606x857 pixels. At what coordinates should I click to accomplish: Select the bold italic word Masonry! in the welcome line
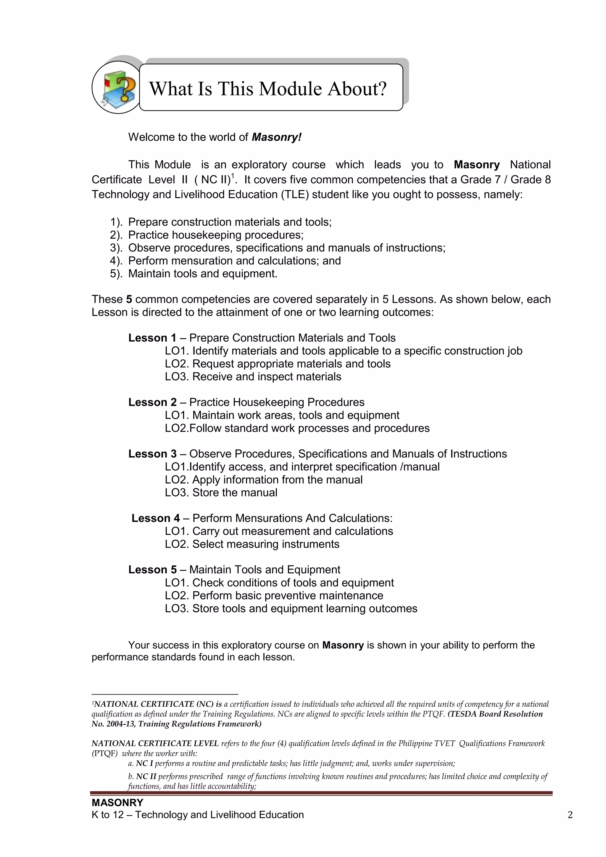point(276,137)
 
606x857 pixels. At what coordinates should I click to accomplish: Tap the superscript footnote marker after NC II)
point(233,176)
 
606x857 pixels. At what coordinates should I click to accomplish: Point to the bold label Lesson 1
point(152,338)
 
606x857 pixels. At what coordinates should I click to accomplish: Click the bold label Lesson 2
point(152,402)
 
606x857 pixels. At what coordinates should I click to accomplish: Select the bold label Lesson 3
point(152,454)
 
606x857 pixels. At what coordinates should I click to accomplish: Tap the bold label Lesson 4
point(156,518)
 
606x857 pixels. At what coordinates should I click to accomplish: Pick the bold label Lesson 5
point(152,570)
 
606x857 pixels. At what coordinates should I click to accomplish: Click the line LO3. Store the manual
point(221,492)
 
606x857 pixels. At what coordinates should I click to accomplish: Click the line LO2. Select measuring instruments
point(252,544)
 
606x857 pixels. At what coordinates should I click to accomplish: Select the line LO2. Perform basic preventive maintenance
point(274,595)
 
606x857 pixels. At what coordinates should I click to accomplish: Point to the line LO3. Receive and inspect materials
point(253,376)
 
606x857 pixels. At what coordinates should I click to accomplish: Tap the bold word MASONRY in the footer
point(117,802)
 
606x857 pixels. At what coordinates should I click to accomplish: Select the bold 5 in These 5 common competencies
point(129,299)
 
